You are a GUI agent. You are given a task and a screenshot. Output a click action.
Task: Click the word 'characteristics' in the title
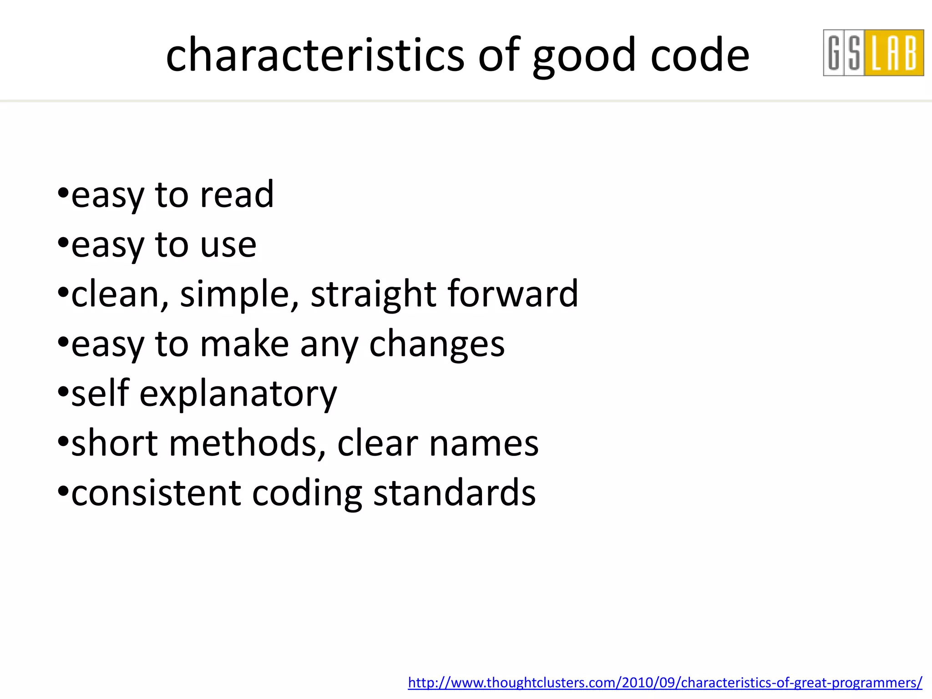(315, 55)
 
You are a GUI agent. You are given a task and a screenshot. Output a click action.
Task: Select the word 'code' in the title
(700, 55)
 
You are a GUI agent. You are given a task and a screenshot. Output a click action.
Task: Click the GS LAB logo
(873, 53)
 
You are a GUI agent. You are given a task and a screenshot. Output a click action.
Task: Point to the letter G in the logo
(834, 53)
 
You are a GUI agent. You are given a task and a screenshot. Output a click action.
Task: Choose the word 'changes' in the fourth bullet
(436, 345)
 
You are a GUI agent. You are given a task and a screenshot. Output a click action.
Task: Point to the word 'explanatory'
(238, 395)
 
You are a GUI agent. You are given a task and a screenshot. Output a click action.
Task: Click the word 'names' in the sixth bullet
(484, 444)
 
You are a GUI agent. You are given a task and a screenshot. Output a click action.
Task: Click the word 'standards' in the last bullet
(454, 493)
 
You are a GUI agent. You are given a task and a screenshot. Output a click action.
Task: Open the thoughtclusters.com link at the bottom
(665, 683)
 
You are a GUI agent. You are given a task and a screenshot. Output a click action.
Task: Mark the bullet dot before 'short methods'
(63, 441)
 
